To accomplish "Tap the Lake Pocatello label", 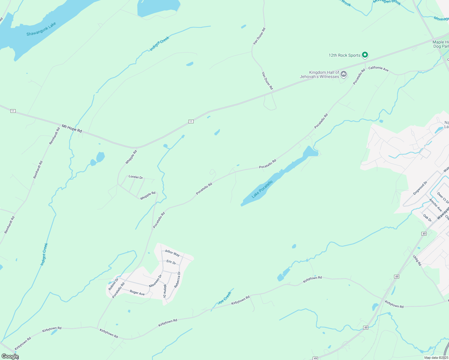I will pos(262,189).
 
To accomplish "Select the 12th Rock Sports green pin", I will pos(365,55).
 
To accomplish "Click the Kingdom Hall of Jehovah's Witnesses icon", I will pos(344,74).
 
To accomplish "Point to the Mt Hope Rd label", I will pos(72,129).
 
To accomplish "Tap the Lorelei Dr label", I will pos(136,177).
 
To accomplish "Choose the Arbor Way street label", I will pos(172,253).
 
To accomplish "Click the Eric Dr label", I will pos(171,262).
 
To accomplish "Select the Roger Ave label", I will pos(137,292).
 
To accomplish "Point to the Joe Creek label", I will pos(224,298).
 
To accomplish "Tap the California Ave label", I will pos(378,69).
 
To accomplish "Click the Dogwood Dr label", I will pos(420,188).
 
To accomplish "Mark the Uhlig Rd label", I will pos(417,260).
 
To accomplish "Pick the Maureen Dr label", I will pos(155,281).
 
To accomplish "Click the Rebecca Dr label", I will pos(177,280).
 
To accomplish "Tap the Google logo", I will pos(10,356).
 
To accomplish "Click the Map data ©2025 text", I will pos(436,358).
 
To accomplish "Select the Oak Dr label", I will pos(427,218).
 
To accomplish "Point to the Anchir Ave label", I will pos(435,205).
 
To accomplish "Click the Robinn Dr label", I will pos(113,284).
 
